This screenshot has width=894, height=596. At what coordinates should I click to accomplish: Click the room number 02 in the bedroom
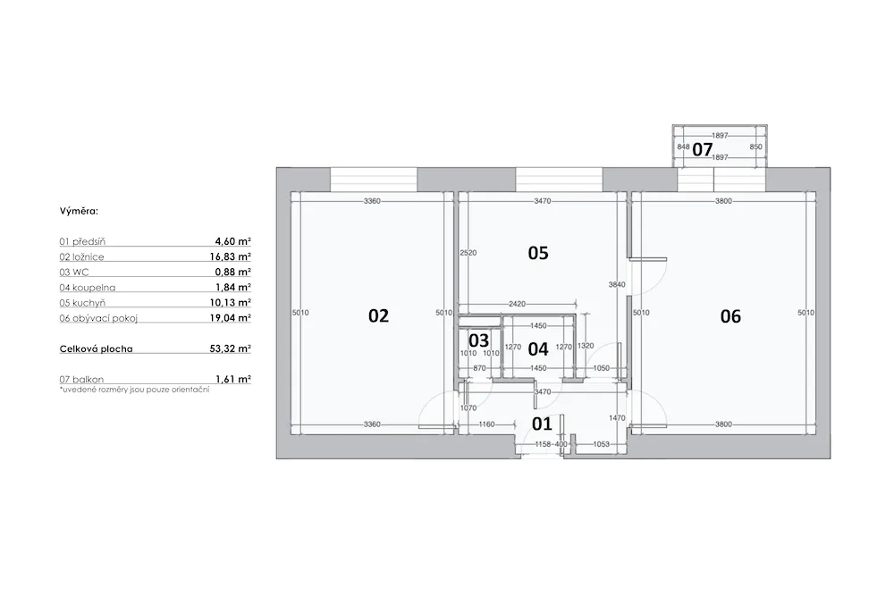[378, 315]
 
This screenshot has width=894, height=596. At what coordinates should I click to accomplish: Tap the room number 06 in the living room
[730, 315]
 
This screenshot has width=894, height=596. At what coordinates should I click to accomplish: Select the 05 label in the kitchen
[538, 252]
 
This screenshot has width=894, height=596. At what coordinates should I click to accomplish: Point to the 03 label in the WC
[479, 340]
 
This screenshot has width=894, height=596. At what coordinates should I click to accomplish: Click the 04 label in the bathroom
[538, 348]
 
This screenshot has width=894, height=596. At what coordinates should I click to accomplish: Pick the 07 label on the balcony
[703, 149]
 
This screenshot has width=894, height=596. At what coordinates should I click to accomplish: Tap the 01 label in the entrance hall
[543, 424]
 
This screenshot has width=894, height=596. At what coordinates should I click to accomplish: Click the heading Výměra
[79, 211]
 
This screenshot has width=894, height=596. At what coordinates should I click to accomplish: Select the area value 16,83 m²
[231, 256]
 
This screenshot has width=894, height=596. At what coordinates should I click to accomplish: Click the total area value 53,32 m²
[231, 348]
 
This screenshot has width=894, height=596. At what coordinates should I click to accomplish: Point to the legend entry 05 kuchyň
[82, 303]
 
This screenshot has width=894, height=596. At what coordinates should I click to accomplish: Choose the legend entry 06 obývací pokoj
[98, 318]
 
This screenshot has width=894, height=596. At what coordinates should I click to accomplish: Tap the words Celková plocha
[97, 348]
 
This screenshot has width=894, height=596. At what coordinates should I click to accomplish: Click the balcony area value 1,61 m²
[233, 379]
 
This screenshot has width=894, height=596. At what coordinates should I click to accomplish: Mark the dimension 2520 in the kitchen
[468, 252]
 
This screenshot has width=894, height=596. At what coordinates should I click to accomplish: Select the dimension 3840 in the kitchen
[617, 284]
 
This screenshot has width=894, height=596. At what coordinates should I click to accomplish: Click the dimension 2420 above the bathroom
[517, 304]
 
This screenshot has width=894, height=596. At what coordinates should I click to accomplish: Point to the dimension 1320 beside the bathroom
[586, 345]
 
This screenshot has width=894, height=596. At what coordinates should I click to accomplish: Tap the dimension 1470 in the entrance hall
[617, 417]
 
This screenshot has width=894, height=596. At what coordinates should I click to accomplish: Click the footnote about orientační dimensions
[135, 390]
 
